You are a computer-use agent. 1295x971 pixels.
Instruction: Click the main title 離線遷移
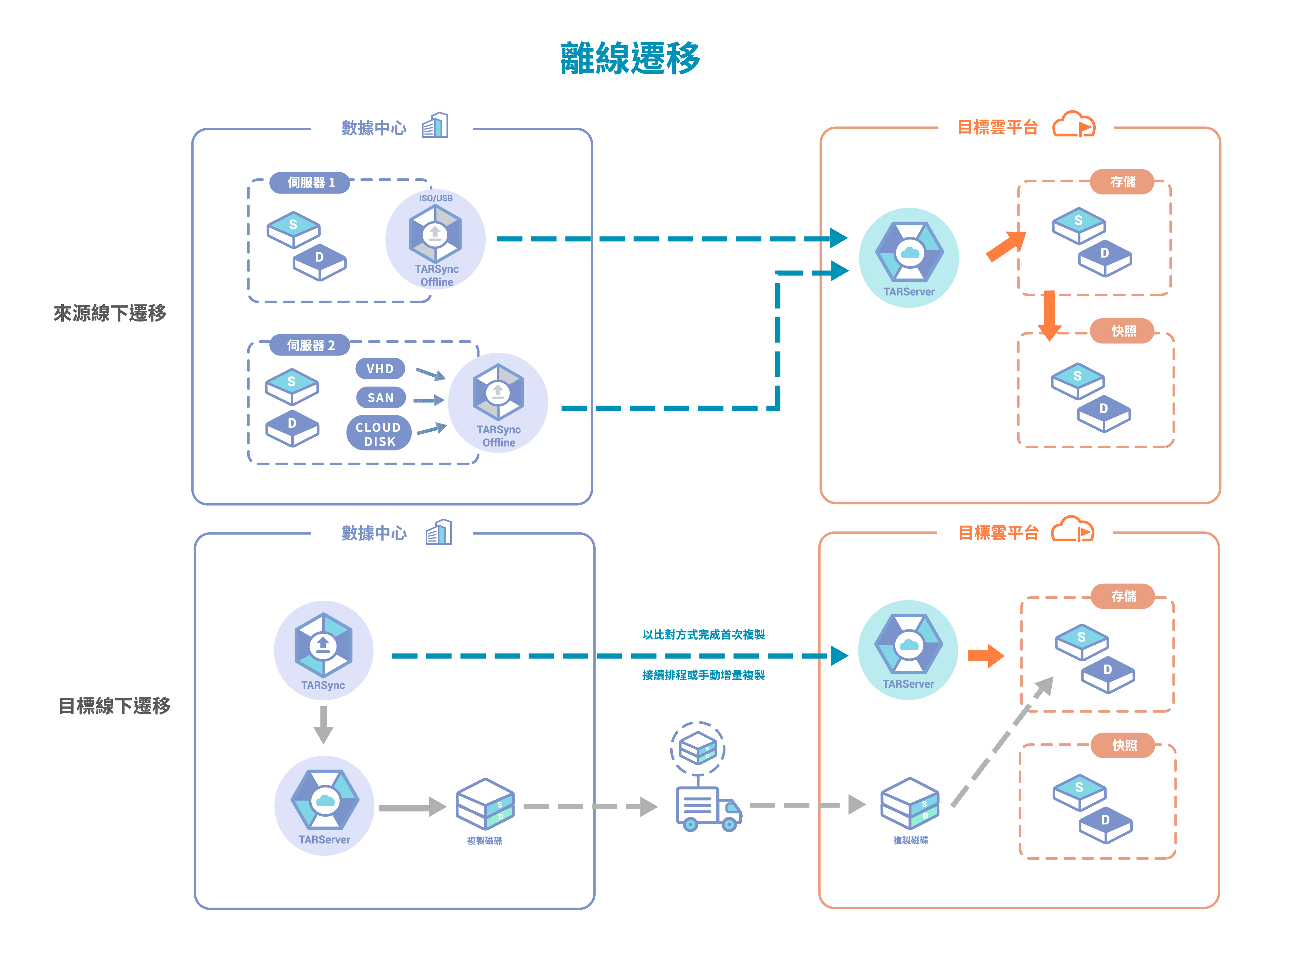tap(630, 59)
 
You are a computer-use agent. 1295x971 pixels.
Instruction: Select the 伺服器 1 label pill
tap(310, 183)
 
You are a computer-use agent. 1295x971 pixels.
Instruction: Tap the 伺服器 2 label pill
tap(310, 345)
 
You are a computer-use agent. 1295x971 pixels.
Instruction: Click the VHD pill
tap(380, 369)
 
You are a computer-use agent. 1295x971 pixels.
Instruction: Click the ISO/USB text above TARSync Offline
tap(436, 198)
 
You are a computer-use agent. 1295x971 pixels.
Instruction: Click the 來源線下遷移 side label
tap(110, 313)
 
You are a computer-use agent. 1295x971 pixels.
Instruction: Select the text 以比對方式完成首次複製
tap(703, 635)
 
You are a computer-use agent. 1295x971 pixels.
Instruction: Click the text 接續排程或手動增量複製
tap(703, 675)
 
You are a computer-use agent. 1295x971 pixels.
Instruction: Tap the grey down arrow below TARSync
tap(323, 725)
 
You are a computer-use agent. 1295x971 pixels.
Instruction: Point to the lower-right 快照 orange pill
tap(1124, 745)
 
